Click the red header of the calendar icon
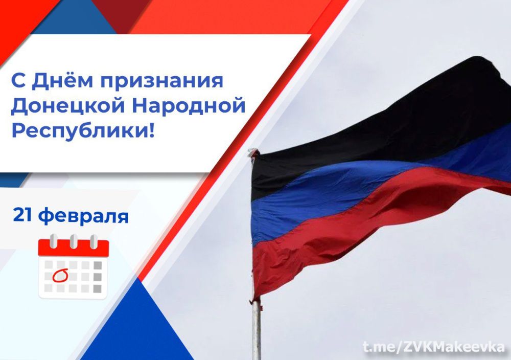(x=73, y=249)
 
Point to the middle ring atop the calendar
(x=74, y=240)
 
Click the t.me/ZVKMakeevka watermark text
(x=433, y=346)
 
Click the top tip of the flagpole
(x=252, y=151)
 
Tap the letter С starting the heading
(x=16, y=81)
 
